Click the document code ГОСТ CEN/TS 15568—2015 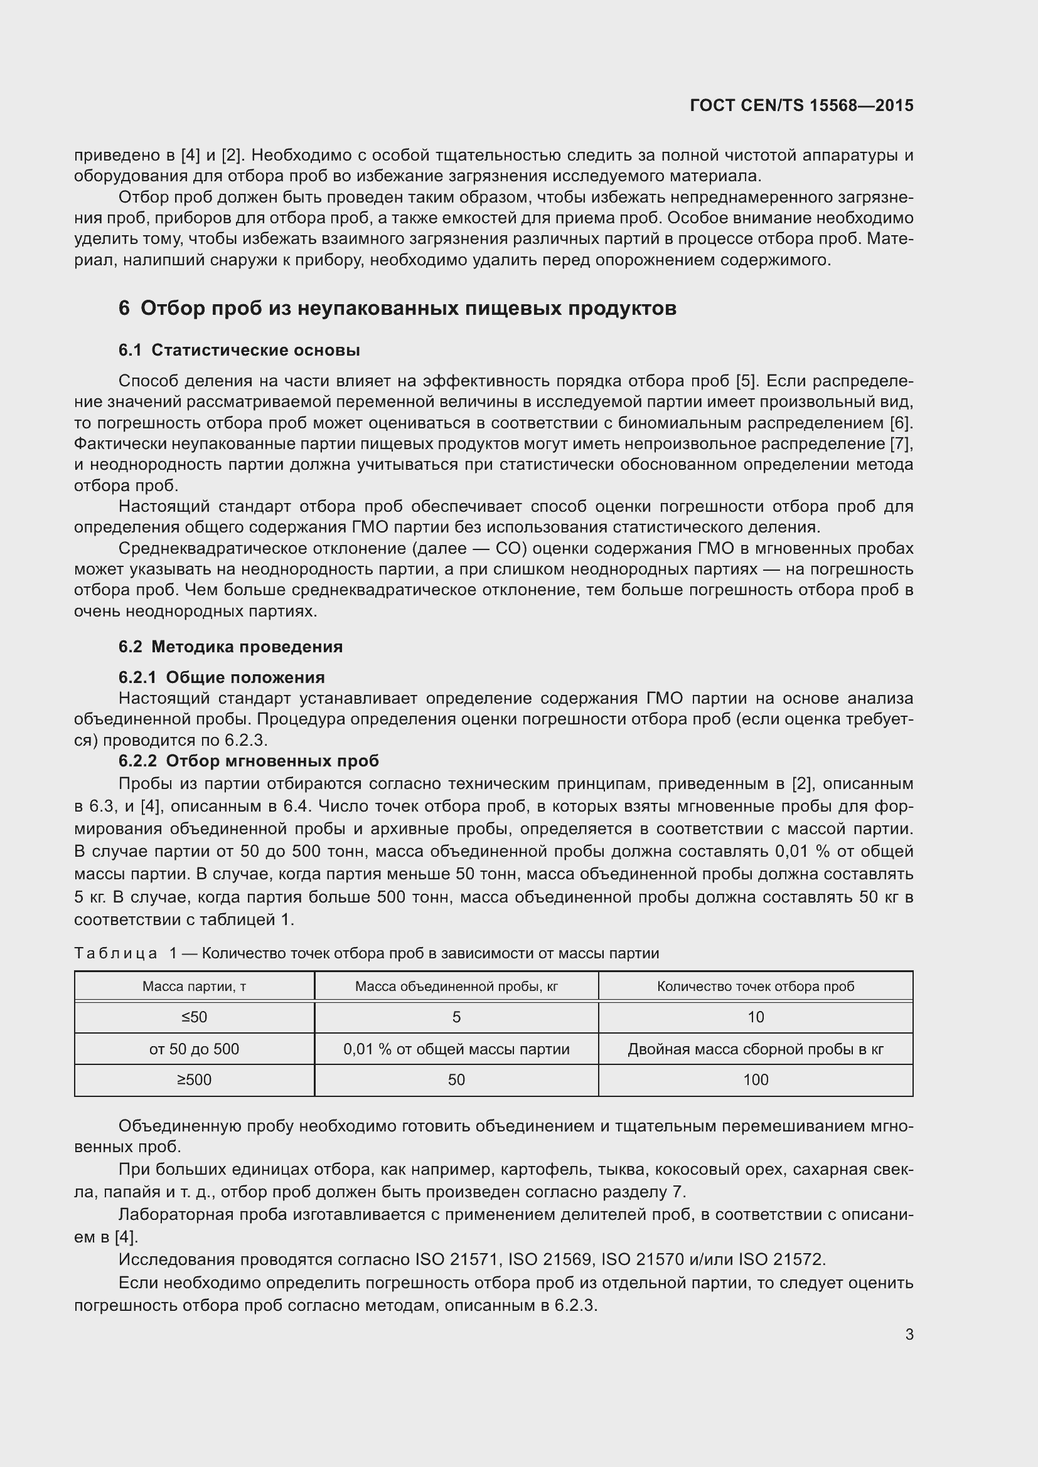(801, 105)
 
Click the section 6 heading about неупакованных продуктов (397, 309)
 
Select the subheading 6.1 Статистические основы (239, 350)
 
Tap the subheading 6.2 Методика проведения (230, 647)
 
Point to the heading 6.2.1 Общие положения (221, 677)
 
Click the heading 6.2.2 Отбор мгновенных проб (249, 761)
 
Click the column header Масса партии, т (195, 987)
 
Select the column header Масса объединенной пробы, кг (456, 987)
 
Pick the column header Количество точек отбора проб (756, 987)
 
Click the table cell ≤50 (195, 1017)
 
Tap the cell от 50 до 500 (195, 1049)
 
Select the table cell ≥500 (195, 1080)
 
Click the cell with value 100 (756, 1080)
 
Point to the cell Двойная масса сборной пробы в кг (756, 1049)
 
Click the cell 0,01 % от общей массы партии (456, 1049)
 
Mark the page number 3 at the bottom (909, 1335)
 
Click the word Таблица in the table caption (115, 954)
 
